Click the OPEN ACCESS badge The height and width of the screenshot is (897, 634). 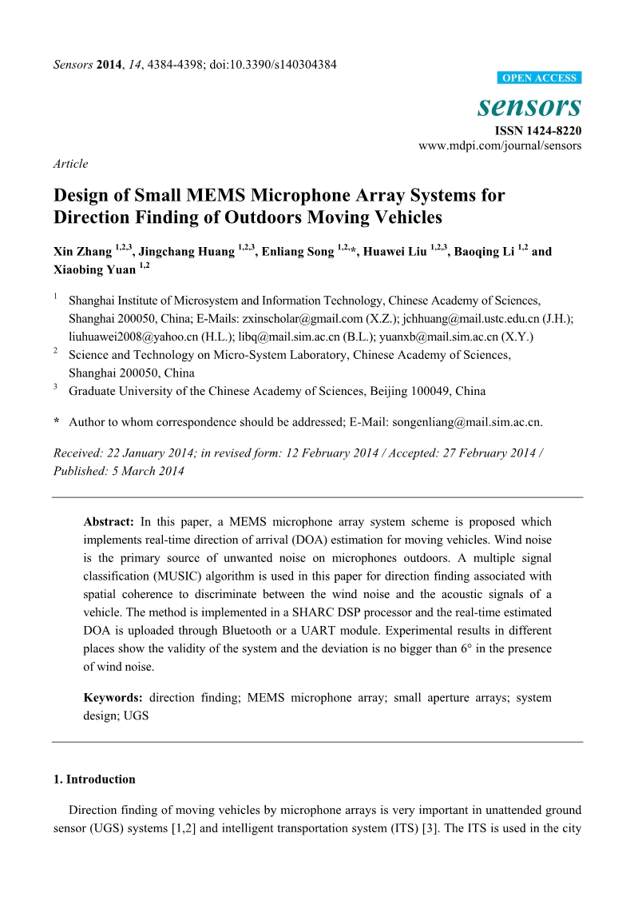539,78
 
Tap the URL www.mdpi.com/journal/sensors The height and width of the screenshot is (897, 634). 500,146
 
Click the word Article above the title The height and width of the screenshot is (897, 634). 70,164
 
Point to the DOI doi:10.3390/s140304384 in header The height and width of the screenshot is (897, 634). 272,64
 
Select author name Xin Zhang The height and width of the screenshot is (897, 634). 83,251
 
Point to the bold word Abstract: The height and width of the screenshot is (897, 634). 110,521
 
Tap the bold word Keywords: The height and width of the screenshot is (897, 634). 113,698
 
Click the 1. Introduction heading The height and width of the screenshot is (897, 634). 94,779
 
